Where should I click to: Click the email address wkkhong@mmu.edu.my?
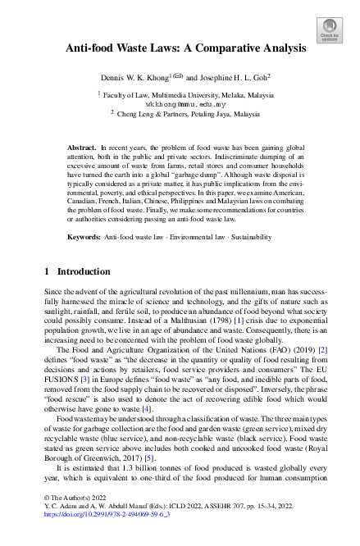180,105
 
